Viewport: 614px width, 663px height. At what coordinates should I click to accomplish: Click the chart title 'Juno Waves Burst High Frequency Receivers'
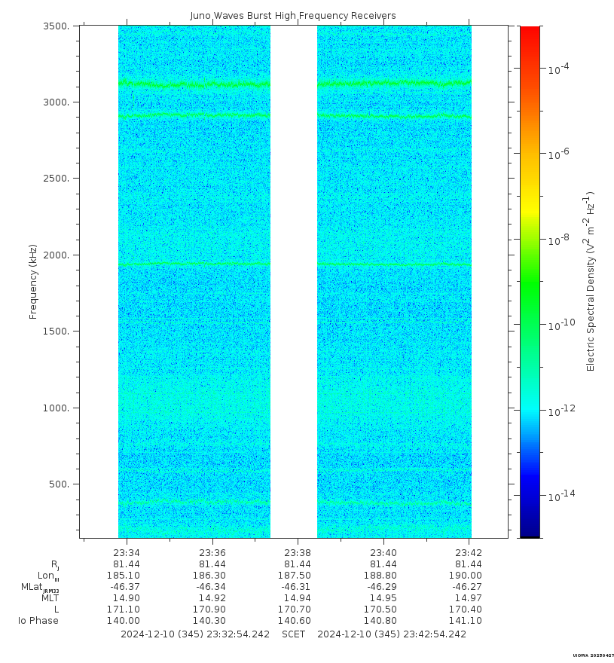[293, 16]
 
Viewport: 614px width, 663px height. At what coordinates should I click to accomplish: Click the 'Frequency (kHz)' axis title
[33, 281]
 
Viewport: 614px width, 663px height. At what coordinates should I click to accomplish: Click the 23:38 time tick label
[298, 552]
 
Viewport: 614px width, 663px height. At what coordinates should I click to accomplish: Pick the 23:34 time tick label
[127, 552]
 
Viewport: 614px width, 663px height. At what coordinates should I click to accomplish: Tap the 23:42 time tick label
[469, 552]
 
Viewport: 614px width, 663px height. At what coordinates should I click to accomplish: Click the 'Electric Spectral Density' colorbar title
[591, 281]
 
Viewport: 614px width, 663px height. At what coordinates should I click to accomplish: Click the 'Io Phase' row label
[38, 621]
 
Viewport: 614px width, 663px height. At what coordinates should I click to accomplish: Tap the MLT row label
[50, 598]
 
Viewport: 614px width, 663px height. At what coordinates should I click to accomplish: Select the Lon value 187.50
[298, 576]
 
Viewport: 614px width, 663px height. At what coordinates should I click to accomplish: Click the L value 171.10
[127, 610]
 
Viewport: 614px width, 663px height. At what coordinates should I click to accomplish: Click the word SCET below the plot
[294, 634]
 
